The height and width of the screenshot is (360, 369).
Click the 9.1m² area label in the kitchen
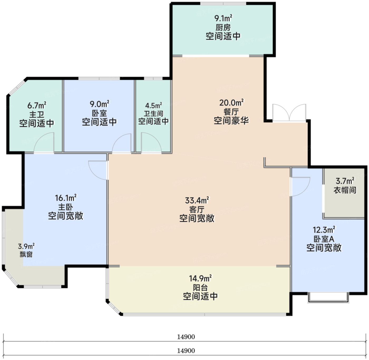pos(223,18)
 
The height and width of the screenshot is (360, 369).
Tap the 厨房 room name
pos(223,28)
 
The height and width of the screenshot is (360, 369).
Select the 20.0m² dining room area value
pos(232,103)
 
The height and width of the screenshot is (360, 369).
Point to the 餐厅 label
pos(231,112)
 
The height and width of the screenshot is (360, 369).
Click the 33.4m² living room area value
pos(197,200)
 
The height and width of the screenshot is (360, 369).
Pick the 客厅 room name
pos(197,209)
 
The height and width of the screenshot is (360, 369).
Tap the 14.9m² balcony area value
pos(200,279)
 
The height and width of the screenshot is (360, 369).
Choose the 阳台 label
pos(200,288)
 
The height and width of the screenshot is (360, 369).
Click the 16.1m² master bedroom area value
pos(66,198)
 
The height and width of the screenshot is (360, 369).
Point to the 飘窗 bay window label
pos(26,254)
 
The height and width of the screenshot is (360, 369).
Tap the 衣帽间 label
pos(345,190)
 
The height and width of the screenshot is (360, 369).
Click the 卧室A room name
pos(324,239)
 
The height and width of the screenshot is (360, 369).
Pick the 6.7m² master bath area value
pos(37,105)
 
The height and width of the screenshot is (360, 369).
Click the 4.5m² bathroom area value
pos(153,105)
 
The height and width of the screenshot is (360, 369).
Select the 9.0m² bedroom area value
pos(99,104)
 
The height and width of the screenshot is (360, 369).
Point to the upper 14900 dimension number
pos(186,337)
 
